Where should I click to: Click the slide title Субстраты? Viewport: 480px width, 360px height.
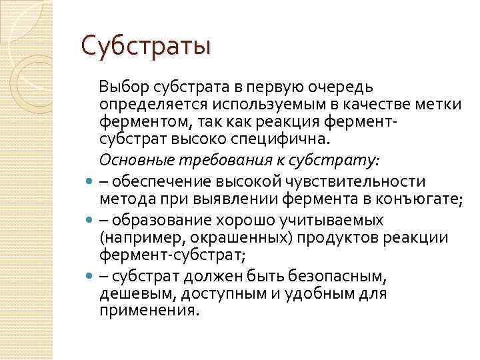[x=145, y=46]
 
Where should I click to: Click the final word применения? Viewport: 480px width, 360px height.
[x=149, y=311]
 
